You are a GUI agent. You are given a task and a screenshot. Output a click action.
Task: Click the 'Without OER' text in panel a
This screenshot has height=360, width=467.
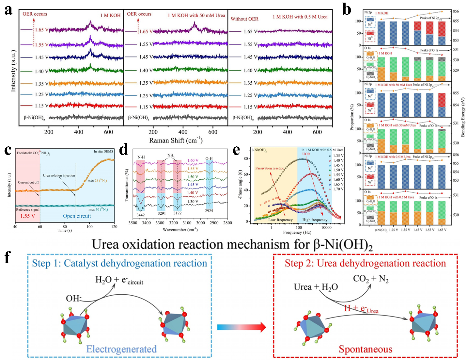tap(244, 19)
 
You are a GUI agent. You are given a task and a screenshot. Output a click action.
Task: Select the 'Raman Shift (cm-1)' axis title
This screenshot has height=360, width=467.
tap(176, 140)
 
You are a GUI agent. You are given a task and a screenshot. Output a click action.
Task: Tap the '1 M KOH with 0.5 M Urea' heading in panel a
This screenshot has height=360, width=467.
tap(300, 17)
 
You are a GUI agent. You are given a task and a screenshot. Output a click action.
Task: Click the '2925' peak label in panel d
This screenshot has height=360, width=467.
tap(209, 211)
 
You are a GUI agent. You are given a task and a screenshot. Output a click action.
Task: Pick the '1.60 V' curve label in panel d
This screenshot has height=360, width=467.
tap(193, 161)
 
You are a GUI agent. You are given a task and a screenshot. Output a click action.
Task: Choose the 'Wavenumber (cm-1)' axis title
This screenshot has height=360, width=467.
tap(180, 230)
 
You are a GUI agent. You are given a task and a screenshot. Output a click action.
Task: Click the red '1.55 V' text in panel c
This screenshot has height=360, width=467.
tap(28, 216)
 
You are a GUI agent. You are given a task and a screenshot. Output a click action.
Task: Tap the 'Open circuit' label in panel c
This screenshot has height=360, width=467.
tap(77, 216)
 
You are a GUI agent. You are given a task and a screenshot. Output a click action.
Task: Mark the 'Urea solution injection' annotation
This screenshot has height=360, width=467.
tap(59, 175)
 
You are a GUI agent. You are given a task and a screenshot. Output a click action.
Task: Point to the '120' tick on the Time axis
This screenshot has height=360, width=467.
tap(114, 226)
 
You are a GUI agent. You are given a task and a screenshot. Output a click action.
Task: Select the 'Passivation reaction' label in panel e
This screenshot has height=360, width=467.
tap(270, 168)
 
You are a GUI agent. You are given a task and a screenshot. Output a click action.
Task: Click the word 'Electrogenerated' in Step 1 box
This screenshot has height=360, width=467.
tap(121, 349)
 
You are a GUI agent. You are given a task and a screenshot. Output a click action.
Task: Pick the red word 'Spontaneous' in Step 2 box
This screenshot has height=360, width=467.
tap(365, 349)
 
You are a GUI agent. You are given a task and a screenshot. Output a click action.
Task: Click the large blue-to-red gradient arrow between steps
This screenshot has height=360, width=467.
tap(241, 327)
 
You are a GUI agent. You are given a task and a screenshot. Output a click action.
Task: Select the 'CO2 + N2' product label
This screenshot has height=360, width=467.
tap(371, 279)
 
